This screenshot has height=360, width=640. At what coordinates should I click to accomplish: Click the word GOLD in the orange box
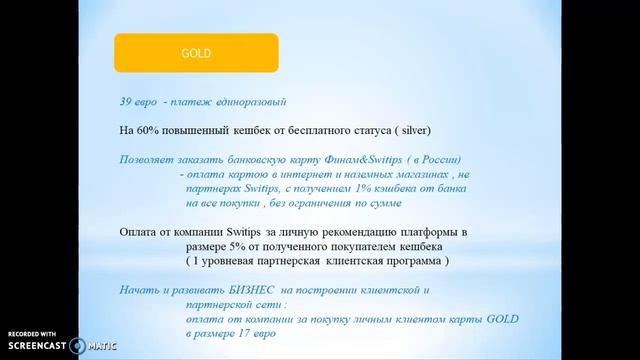tap(195, 53)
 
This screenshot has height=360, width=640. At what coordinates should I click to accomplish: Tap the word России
tap(447, 159)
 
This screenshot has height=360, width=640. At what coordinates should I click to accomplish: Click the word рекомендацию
tap(339, 231)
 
